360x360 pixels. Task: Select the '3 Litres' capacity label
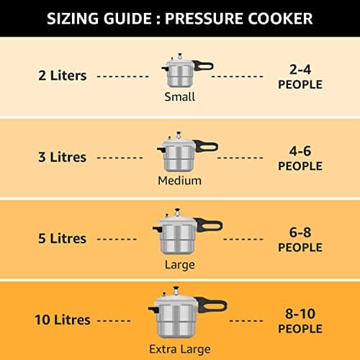coord(62,157)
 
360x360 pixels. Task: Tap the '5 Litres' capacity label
coord(62,238)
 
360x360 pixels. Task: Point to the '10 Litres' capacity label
coord(63,320)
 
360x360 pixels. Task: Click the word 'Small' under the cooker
coord(179,97)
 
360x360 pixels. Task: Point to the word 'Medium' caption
coord(179,181)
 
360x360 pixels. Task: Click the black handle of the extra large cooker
coord(215,310)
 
